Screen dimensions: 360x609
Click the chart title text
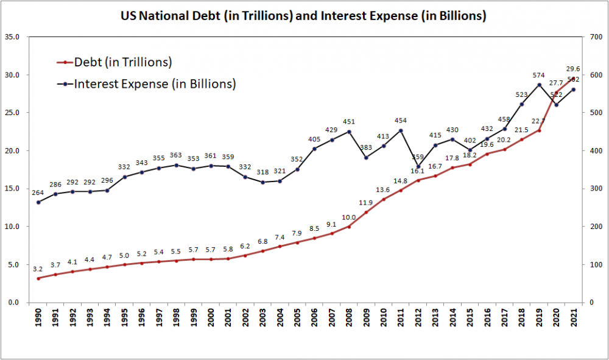(x=303, y=16)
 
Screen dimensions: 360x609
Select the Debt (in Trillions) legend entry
(x=122, y=62)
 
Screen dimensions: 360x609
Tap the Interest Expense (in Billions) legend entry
(x=155, y=84)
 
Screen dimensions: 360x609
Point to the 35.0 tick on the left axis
(x=12, y=37)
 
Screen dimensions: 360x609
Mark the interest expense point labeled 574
(x=539, y=85)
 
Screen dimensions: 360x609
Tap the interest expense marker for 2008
(x=349, y=132)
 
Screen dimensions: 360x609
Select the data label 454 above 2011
(x=401, y=121)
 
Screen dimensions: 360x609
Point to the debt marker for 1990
(x=38, y=278)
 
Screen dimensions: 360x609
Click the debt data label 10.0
(x=348, y=217)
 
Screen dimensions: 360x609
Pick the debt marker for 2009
(x=366, y=212)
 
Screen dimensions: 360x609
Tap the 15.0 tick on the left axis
(x=12, y=189)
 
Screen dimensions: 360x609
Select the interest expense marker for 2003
(x=262, y=182)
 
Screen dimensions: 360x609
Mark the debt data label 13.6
(x=382, y=190)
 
